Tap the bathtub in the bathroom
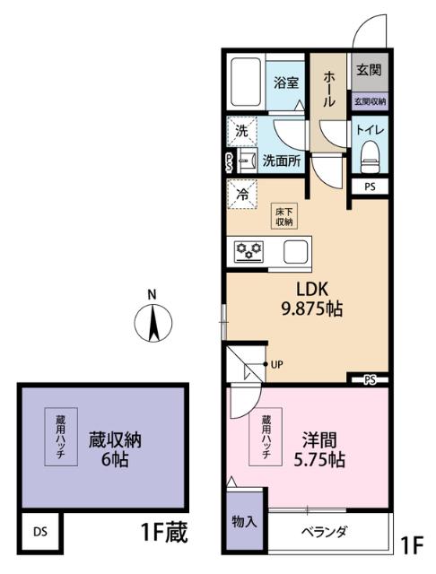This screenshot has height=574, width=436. click(245, 83)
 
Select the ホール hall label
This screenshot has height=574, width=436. click(328, 89)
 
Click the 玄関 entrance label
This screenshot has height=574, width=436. click(369, 70)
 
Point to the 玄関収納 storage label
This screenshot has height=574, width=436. click(369, 101)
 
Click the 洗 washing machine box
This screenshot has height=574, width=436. click(240, 131)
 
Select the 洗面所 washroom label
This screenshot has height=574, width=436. click(281, 162)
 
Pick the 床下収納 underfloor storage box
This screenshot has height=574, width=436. click(284, 216)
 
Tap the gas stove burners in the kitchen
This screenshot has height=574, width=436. click(248, 251)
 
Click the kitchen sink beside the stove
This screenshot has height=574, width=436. click(296, 251)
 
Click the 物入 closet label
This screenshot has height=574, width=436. click(244, 521)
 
